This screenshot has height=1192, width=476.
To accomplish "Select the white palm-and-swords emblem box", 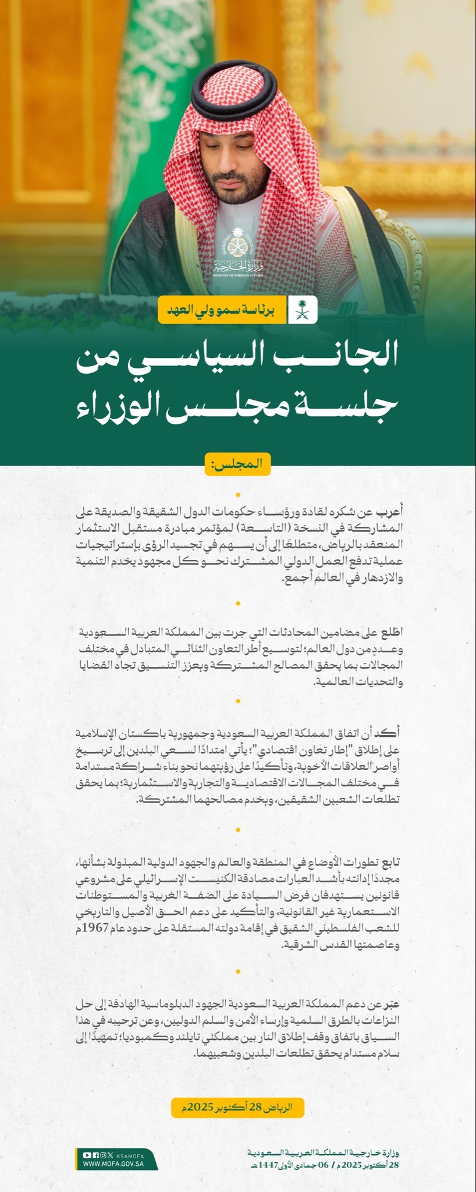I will tap(304, 309).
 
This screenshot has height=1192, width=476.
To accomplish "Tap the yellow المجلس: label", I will tap(237, 464).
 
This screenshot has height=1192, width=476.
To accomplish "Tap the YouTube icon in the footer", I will tap(87, 1154).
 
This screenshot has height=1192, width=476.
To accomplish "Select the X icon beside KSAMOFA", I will tap(111, 1154).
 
